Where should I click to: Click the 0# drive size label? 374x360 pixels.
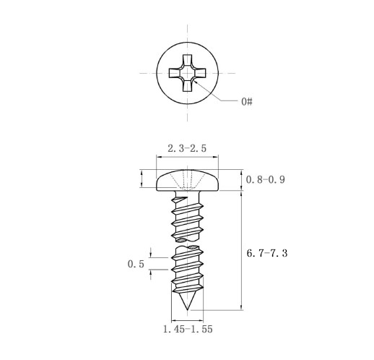pyautogui.click(x=247, y=101)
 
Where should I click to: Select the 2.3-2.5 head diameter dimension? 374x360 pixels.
pyautogui.click(x=187, y=148)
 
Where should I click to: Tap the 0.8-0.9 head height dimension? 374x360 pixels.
pyautogui.click(x=266, y=179)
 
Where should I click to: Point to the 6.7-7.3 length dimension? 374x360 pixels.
pyautogui.click(x=267, y=253)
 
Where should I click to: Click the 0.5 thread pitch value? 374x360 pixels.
pyautogui.click(x=136, y=264)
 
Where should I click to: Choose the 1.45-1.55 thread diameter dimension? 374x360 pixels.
pyautogui.click(x=188, y=329)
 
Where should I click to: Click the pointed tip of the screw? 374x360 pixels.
pyautogui.click(x=187, y=309)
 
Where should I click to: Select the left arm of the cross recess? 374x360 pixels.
pyautogui.click(x=175, y=73)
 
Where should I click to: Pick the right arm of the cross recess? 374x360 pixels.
pyautogui.click(x=200, y=73)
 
